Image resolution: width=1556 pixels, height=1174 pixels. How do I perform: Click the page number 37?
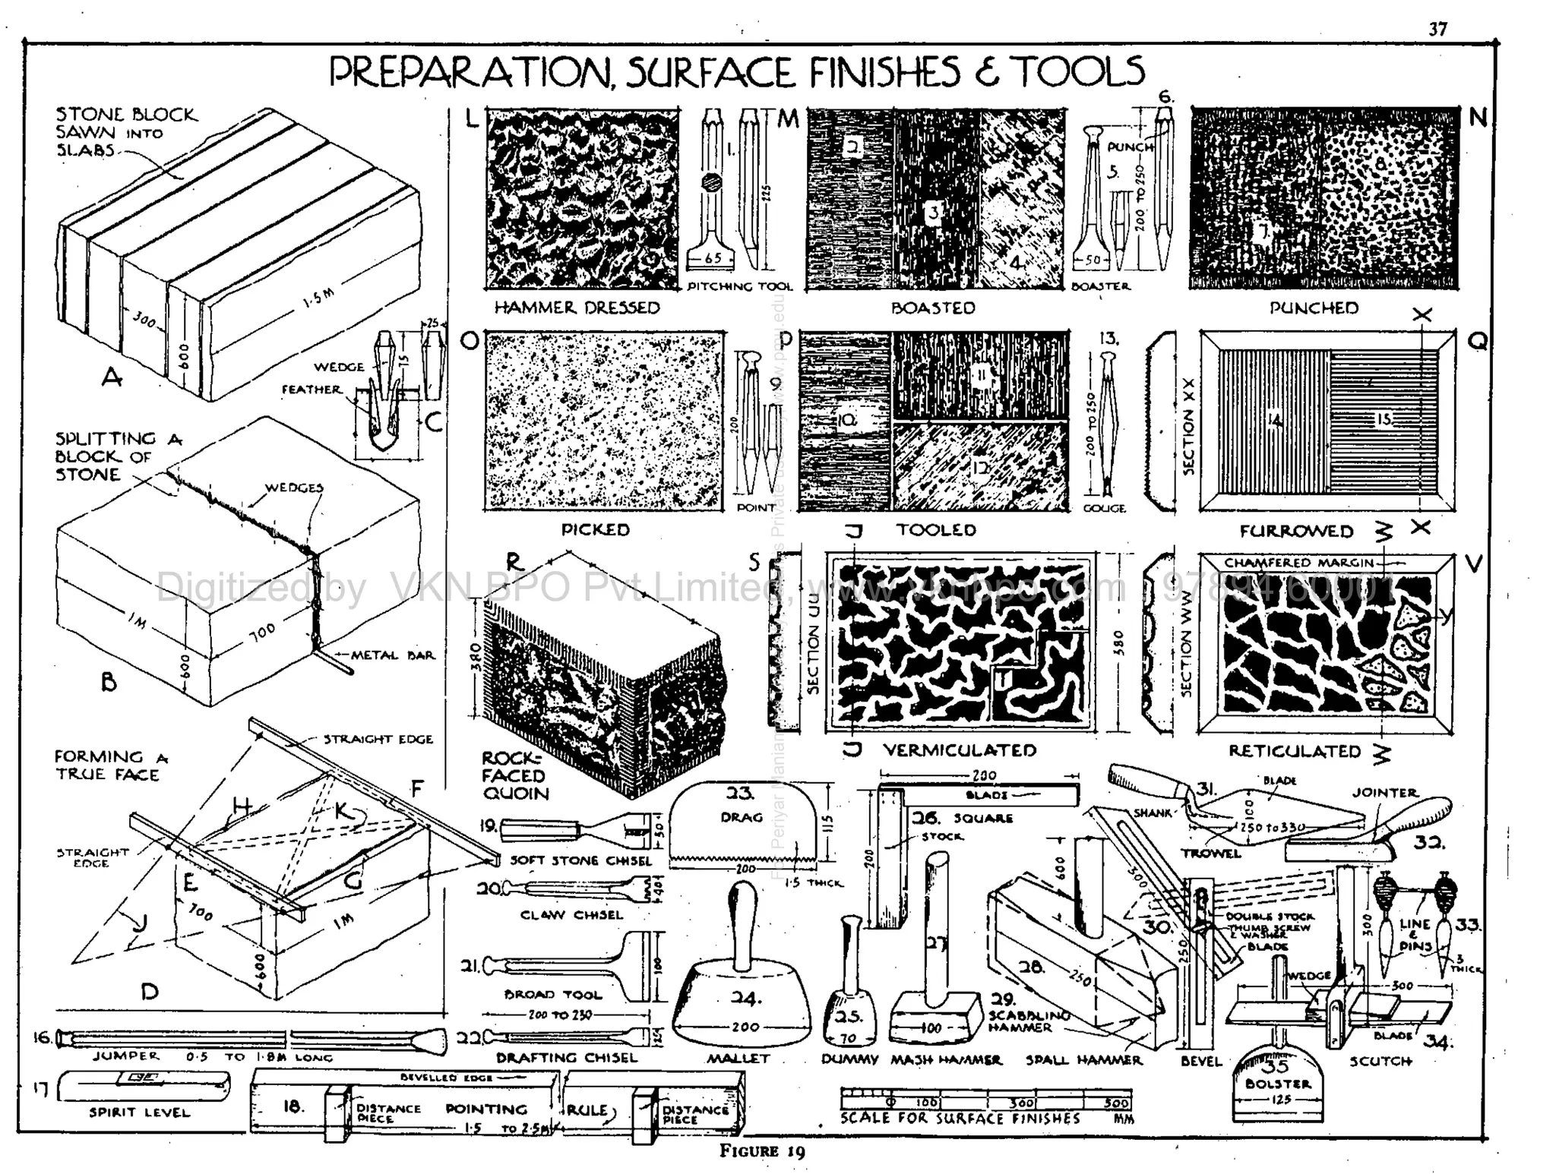tap(1437, 29)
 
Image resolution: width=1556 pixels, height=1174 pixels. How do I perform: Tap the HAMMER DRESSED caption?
tap(577, 308)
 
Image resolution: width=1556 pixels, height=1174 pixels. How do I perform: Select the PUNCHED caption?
tap(1314, 308)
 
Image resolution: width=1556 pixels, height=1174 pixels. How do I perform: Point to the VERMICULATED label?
tap(959, 750)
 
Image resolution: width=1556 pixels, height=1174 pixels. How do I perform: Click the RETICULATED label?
tap(1294, 751)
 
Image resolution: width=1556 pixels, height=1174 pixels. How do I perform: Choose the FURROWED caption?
tap(1296, 531)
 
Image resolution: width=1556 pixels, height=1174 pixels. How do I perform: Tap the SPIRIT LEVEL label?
tap(139, 1112)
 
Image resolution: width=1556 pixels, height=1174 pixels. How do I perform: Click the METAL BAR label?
tap(393, 655)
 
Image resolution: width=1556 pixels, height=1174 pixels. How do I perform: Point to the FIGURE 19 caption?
tap(762, 1150)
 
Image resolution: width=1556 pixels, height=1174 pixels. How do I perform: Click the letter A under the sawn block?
tap(112, 376)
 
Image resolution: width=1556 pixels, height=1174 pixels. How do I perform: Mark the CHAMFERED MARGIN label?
tap(1299, 563)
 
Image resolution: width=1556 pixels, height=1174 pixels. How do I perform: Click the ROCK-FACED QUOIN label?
tap(514, 775)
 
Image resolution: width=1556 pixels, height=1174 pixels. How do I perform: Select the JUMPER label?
tap(126, 1056)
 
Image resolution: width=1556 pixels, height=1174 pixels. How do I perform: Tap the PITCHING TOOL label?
tap(739, 286)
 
